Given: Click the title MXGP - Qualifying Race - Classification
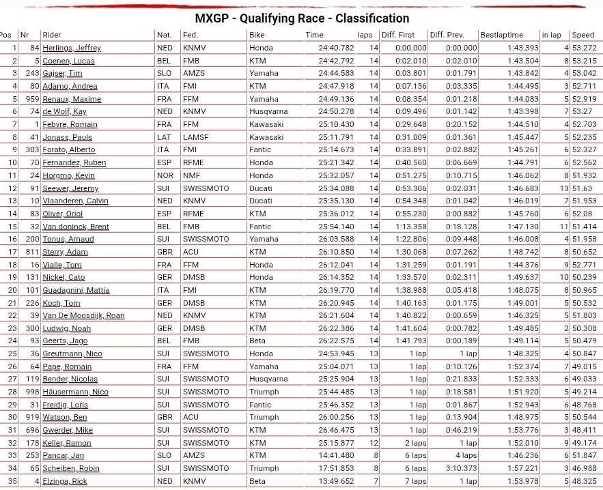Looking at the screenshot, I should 302,18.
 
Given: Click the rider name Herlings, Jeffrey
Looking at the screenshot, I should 71,48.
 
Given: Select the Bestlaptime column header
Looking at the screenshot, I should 501,35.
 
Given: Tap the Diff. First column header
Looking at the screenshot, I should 397,35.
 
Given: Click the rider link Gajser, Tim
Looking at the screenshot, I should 62,74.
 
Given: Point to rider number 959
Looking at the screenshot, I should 30,99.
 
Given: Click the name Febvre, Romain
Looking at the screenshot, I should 70,125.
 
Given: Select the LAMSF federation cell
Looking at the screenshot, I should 195,137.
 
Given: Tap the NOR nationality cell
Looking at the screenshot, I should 165,175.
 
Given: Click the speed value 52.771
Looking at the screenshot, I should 584,265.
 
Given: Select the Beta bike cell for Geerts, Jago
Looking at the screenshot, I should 257,341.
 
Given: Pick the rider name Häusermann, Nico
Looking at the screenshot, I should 75,392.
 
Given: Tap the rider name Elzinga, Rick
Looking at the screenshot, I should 65,482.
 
